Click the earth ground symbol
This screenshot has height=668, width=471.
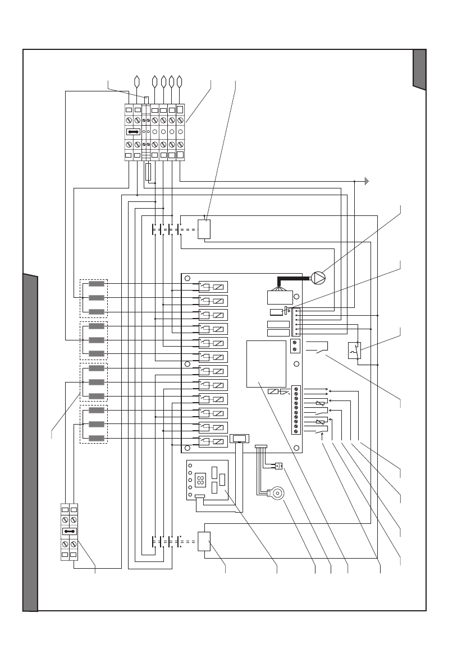click(x=365, y=181)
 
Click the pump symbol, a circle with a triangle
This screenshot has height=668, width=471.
click(x=318, y=277)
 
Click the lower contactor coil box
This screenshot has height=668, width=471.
click(x=204, y=543)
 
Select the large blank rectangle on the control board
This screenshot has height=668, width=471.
click(x=266, y=363)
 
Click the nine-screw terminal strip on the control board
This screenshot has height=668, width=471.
click(x=296, y=410)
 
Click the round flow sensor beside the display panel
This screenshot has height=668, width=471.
click(x=275, y=494)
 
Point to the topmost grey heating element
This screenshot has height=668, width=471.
click(x=97, y=284)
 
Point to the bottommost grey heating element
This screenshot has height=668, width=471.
click(x=97, y=438)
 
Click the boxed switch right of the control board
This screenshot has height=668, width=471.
click(x=355, y=351)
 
